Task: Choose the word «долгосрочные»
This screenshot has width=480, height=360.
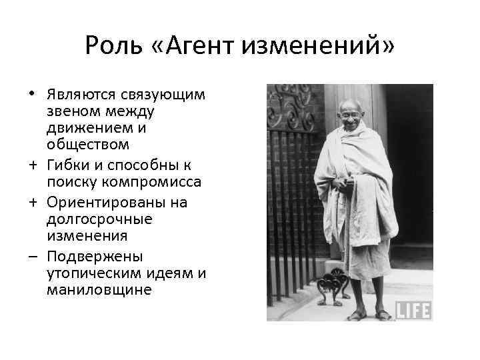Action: click(100, 219)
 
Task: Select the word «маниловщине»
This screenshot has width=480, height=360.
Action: click(99, 291)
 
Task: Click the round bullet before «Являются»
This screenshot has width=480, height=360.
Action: click(32, 93)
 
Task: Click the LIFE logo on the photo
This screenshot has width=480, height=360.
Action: click(414, 310)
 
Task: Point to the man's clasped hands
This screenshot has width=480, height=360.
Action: click(344, 184)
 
